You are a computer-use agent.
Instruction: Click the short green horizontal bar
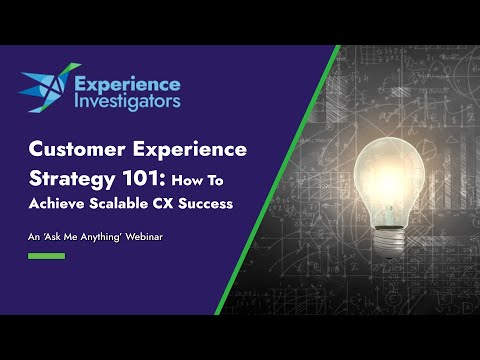46,256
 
